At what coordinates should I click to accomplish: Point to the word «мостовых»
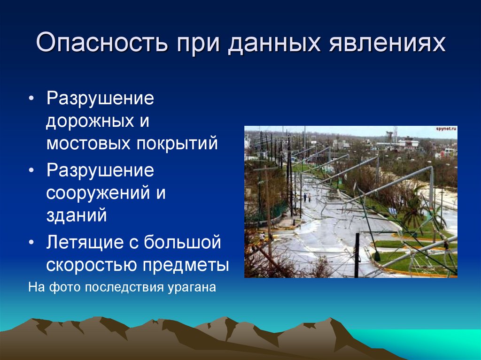coord(87,143)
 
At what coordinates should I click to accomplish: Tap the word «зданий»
coord(77,215)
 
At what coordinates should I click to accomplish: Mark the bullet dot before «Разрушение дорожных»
coord(31,100)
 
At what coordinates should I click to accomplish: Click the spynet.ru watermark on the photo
coord(446,128)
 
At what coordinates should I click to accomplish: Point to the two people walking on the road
coord(307,197)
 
